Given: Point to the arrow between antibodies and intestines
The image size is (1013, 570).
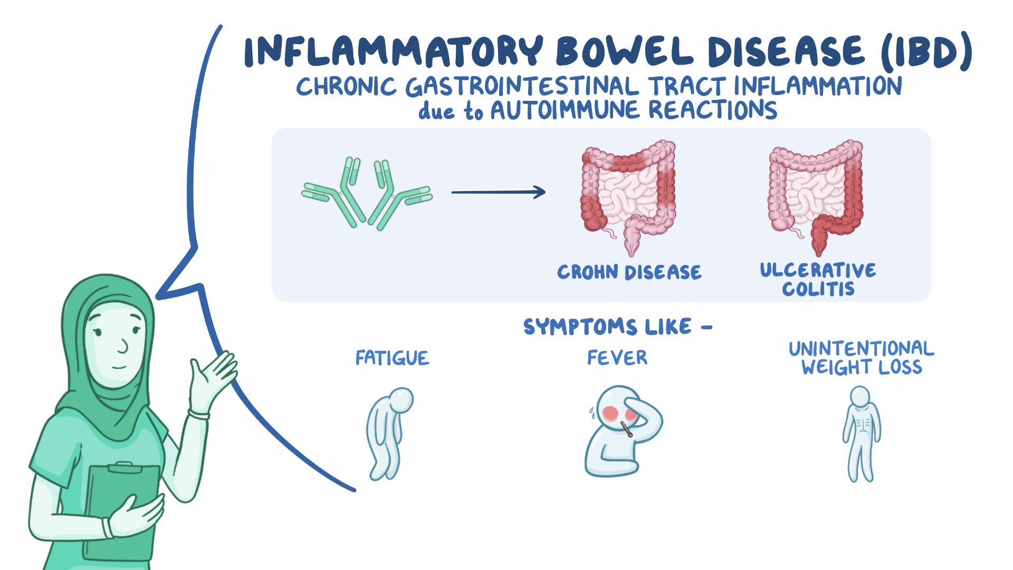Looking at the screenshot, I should click(x=498, y=192).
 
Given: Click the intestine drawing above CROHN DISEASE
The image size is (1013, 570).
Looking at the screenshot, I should click(x=628, y=195).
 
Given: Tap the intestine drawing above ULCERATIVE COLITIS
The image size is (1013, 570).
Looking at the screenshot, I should click(x=816, y=195).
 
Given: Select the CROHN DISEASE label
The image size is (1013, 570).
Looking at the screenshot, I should click(x=629, y=272).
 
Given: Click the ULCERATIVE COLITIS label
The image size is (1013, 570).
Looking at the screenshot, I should click(x=818, y=280).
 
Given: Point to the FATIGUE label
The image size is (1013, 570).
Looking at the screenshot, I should click(x=392, y=358).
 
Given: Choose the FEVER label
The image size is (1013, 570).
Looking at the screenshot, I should click(x=617, y=357).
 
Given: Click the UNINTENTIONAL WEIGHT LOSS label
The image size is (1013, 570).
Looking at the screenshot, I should click(x=861, y=358).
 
